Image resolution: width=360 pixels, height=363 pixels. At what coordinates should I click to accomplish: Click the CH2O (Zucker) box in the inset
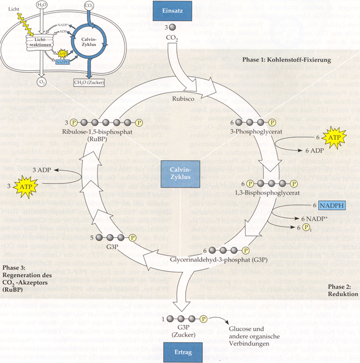click(88, 82)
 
